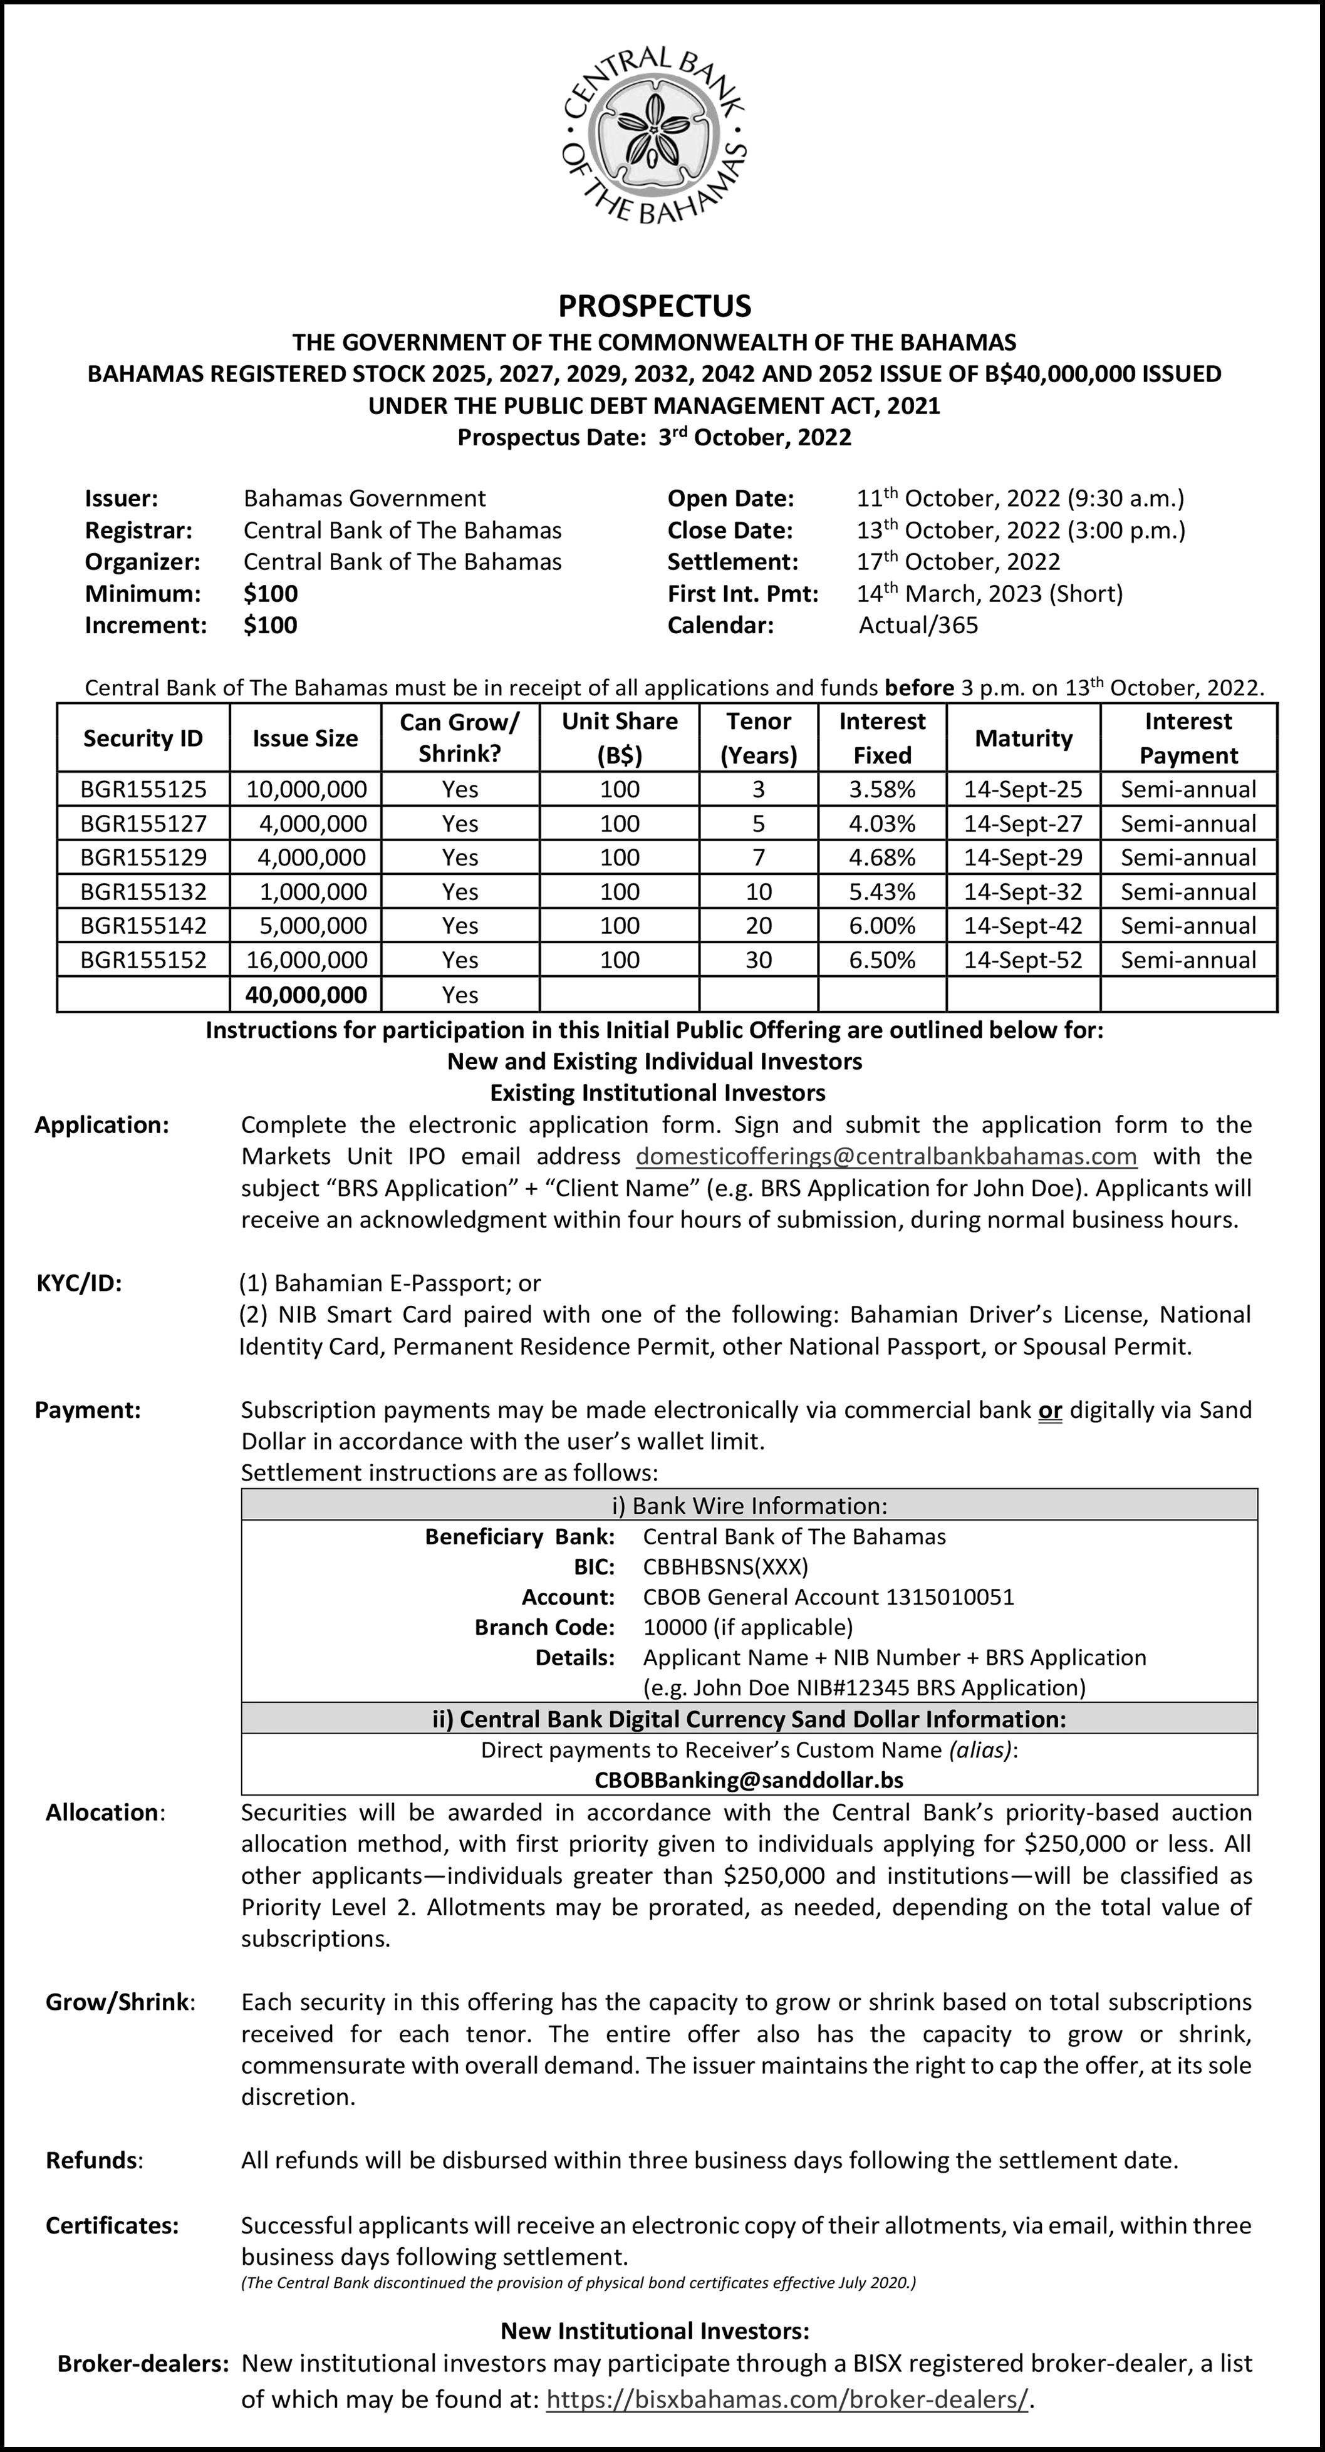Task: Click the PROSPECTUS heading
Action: tap(655, 306)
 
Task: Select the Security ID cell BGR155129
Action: tap(143, 857)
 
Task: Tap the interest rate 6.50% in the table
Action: tap(882, 960)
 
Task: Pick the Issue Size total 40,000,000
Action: tap(306, 995)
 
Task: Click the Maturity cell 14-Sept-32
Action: tap(1023, 891)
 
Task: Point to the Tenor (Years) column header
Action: tap(759, 738)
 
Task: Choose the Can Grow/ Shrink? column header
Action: tap(460, 738)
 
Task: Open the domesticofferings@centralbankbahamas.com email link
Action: tap(886, 1157)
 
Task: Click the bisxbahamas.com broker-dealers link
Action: tap(787, 2419)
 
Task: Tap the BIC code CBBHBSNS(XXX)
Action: tap(725, 1567)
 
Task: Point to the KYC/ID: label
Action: tap(79, 1283)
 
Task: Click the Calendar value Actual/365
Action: tap(918, 626)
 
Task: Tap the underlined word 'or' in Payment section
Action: tap(1050, 1410)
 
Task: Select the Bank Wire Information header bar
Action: tap(749, 1505)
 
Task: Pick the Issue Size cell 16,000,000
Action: tap(306, 960)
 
